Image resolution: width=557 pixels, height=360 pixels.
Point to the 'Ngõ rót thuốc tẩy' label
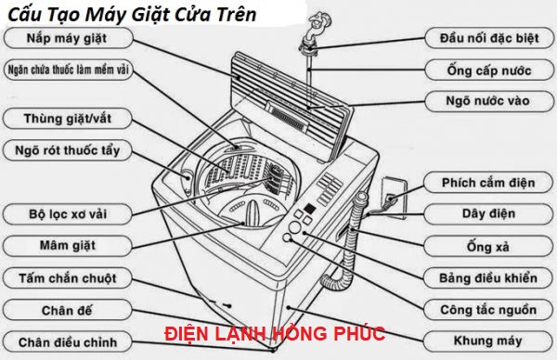[67, 150]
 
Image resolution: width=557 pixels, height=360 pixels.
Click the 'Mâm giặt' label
[66, 246]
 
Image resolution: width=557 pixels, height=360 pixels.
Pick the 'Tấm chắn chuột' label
[67, 277]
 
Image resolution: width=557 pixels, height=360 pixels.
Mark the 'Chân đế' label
[67, 309]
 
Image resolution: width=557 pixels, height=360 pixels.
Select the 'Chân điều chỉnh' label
[67, 340]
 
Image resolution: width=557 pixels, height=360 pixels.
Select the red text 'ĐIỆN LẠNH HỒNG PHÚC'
[274, 333]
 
